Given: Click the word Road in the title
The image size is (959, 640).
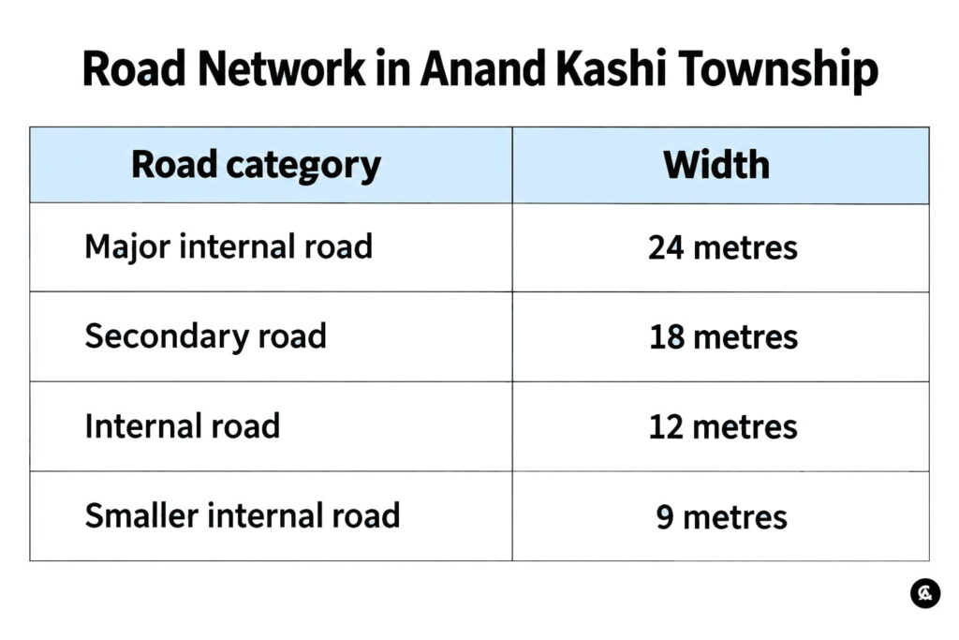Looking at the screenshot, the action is tap(133, 67).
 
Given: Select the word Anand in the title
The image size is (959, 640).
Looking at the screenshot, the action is tap(482, 67).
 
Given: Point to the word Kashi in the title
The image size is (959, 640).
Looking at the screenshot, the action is tap(611, 67).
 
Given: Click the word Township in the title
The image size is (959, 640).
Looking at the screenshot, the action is tap(778, 70).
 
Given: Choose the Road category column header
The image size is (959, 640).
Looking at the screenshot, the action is tap(256, 166).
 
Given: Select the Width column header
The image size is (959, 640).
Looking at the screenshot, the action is tap(716, 165).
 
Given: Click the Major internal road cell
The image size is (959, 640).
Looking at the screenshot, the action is tap(229, 247).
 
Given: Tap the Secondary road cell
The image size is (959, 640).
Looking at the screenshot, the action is tap(205, 336).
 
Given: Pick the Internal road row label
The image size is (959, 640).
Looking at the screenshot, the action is tap(183, 425).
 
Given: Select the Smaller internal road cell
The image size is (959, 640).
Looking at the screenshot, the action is tap(243, 515).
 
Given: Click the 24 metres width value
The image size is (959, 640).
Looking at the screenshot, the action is tap(722, 247).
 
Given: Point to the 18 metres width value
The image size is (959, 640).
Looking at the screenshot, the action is tap(723, 337).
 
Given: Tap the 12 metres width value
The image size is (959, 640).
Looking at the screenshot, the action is tap(722, 426).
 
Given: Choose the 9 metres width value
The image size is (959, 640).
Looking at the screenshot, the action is tap(721, 517).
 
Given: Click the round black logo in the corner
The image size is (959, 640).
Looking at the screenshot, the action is tap(924, 593).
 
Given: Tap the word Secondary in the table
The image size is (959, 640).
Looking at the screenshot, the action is tap(167, 336).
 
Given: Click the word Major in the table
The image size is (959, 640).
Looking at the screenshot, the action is tap(127, 247).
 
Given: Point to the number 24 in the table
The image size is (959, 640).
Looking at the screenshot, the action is tap(666, 247).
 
